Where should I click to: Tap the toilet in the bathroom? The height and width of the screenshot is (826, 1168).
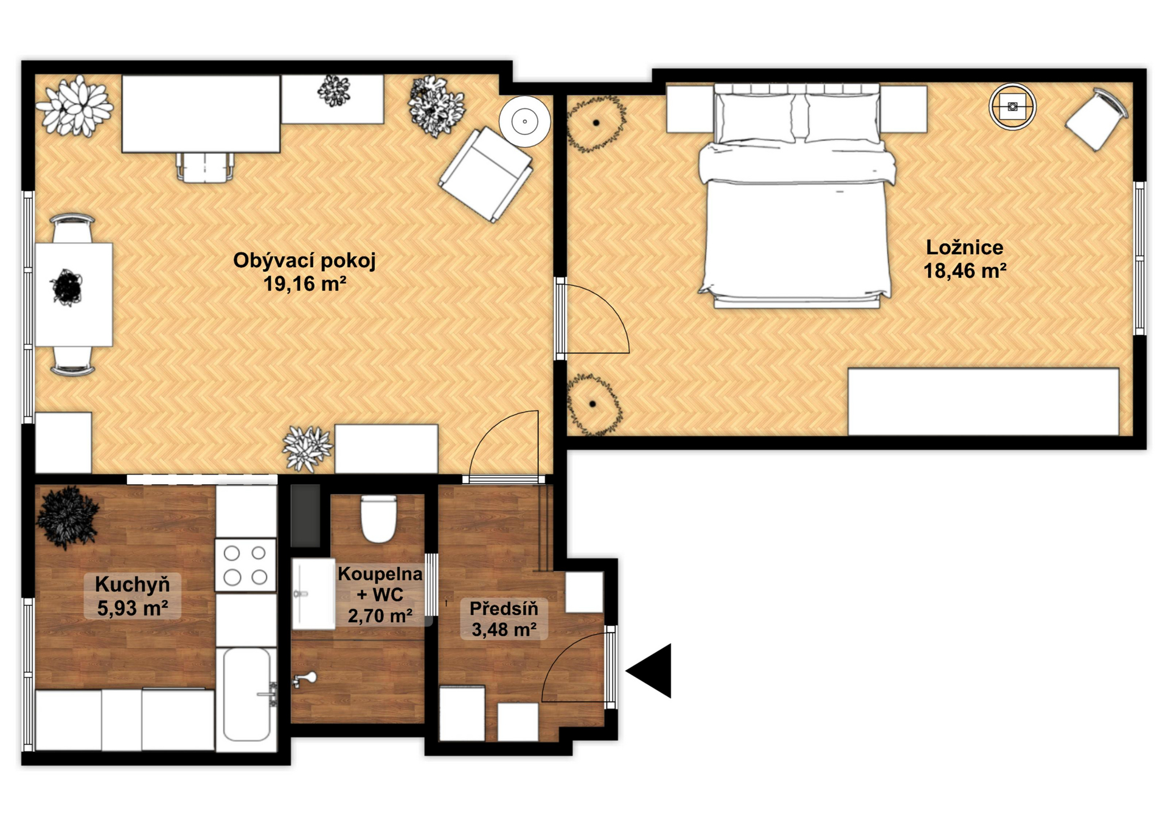(378, 519)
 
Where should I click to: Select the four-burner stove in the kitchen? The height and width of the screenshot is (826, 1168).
(245, 564)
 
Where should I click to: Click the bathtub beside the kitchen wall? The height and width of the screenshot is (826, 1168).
(247, 695)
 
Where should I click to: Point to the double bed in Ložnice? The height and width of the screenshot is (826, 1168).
(796, 196)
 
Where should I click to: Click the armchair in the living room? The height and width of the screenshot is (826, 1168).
(486, 175)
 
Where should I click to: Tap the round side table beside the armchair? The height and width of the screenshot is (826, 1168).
(524, 122)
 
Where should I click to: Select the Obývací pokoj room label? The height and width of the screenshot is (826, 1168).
(305, 260)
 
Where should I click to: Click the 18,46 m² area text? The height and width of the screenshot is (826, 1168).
(965, 271)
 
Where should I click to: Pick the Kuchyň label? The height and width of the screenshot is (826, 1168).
(133, 585)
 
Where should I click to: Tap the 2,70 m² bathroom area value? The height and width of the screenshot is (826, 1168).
(380, 616)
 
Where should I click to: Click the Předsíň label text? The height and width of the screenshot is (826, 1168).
(504, 608)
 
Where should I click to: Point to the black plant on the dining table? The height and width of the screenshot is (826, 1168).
(67, 288)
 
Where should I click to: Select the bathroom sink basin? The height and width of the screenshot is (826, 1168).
(313, 594)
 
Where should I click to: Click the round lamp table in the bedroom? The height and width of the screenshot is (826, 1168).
(1012, 107)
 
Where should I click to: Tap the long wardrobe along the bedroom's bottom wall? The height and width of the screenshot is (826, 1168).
(983, 401)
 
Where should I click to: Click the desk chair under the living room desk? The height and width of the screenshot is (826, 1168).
(205, 167)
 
